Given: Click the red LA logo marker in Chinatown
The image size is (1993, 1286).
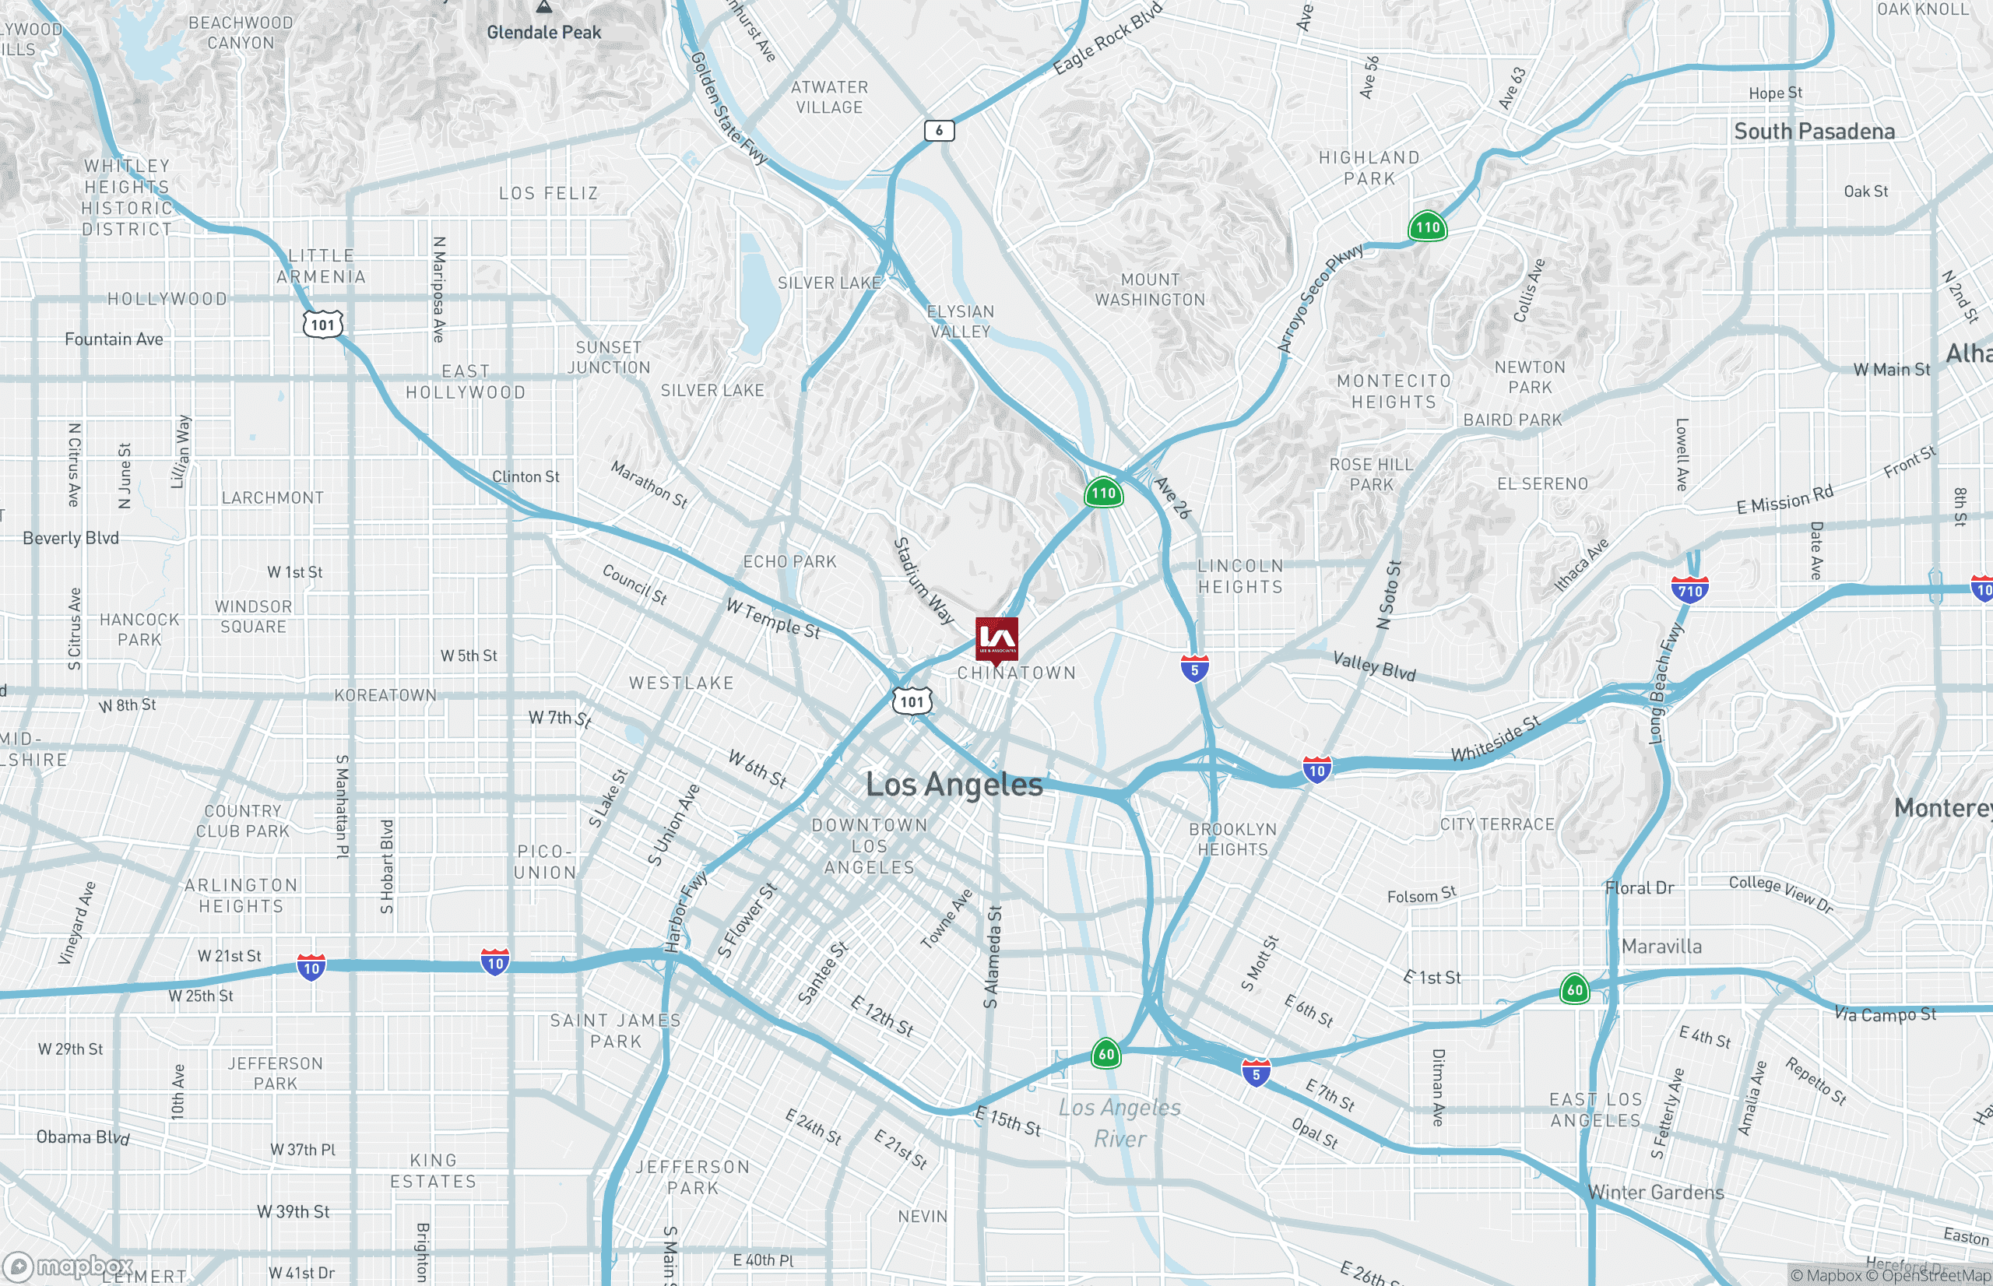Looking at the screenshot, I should tap(996, 639).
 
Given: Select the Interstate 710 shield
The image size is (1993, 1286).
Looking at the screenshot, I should tap(1689, 590).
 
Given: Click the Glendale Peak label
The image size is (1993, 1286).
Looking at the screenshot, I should tap(543, 33).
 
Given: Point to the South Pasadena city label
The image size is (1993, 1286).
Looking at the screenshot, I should tap(1813, 131).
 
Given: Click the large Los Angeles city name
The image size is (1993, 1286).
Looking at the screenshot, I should tap(954, 784).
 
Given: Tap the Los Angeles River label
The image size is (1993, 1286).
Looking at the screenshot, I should tap(1119, 1123).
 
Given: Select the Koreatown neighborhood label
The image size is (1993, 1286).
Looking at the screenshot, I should tap(385, 695).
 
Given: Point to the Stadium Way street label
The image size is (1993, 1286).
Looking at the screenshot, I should tap(923, 581).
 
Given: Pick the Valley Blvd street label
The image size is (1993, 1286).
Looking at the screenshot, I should tap(1373, 666).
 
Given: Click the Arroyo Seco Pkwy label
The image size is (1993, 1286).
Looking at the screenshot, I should tap(1320, 298).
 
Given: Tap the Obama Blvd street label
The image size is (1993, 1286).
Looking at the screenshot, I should tap(83, 1137).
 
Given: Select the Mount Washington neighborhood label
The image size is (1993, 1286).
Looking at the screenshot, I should tap(1150, 290).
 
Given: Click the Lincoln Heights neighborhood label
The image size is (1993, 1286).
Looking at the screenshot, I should tap(1240, 576).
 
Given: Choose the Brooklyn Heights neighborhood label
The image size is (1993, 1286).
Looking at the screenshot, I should tap(1232, 839).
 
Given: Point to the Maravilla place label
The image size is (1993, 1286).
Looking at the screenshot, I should tap(1661, 946).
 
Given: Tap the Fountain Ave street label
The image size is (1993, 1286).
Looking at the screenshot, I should tap(114, 339).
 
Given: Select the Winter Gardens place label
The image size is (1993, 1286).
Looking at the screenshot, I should tap(1655, 1192).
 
